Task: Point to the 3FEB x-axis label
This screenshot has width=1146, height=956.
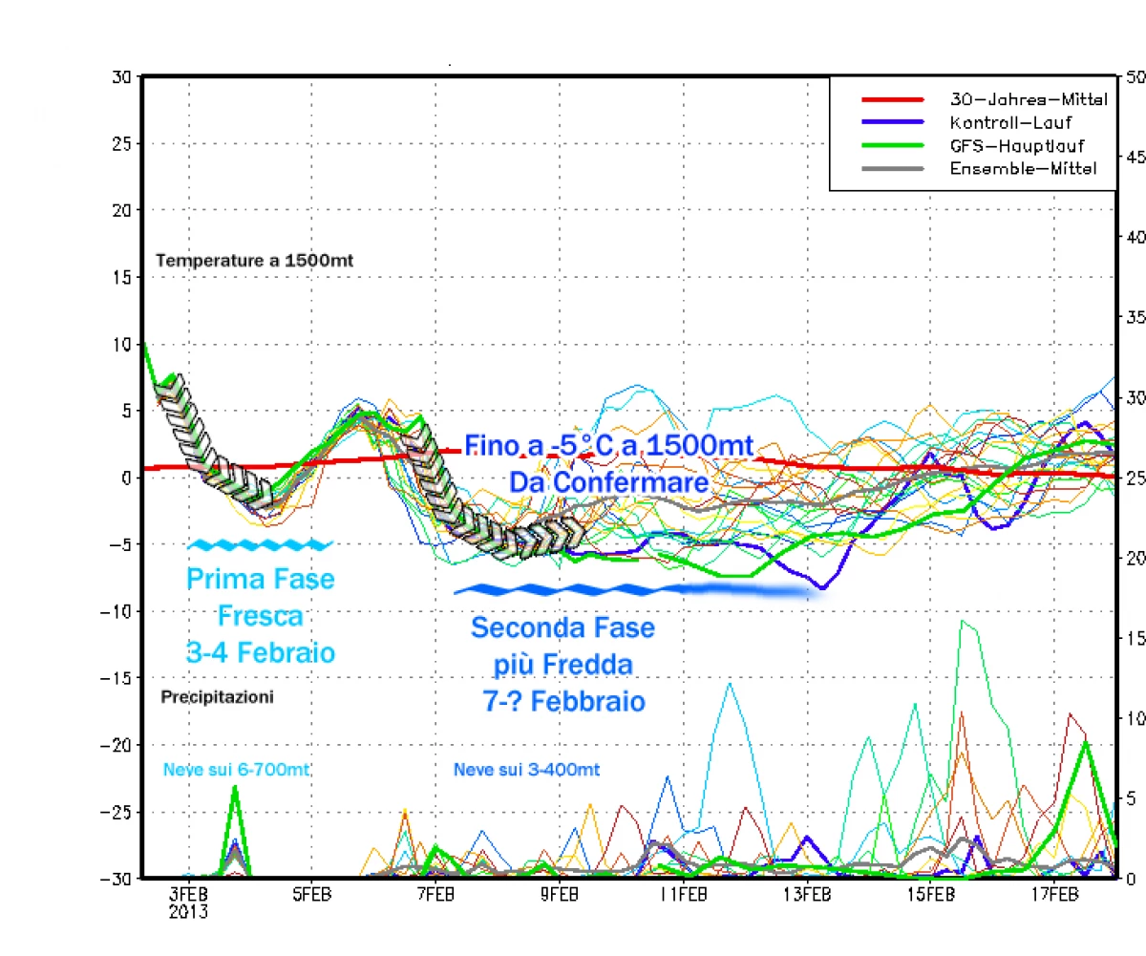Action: tap(188, 895)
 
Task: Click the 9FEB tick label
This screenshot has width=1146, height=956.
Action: tap(558, 895)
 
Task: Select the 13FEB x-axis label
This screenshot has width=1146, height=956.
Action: tap(805, 895)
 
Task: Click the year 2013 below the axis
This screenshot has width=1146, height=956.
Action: tap(188, 911)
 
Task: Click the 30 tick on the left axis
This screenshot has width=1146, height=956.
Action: tap(122, 77)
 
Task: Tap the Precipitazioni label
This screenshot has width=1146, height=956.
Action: tap(218, 697)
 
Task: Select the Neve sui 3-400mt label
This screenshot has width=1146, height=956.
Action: tap(526, 769)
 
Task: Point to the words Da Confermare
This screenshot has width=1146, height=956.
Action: tap(608, 483)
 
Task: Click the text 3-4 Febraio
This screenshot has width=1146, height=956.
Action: tap(261, 652)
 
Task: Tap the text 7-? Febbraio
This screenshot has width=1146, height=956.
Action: tap(562, 701)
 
